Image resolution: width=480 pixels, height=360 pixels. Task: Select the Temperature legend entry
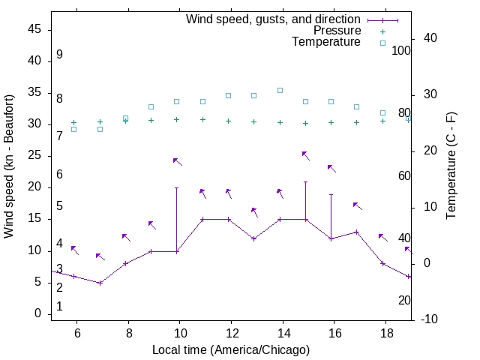tap(326, 42)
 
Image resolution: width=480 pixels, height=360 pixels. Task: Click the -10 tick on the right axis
tap(429, 319)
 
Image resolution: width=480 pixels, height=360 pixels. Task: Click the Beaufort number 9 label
tap(59, 55)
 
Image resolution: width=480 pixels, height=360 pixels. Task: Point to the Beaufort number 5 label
tap(59, 206)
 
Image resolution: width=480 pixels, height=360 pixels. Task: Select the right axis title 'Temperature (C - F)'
tap(451, 166)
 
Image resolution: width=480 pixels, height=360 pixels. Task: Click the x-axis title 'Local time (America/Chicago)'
tap(231, 349)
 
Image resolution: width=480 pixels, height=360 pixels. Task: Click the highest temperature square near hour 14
tap(280, 90)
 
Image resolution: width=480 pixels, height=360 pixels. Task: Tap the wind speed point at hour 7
tap(100, 283)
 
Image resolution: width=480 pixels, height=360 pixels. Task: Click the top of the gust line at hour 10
tap(177, 187)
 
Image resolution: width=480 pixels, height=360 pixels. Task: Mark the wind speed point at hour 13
tap(254, 238)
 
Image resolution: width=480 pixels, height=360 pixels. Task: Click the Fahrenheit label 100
tap(401, 51)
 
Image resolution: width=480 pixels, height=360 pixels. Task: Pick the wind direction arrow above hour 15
tap(305, 155)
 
